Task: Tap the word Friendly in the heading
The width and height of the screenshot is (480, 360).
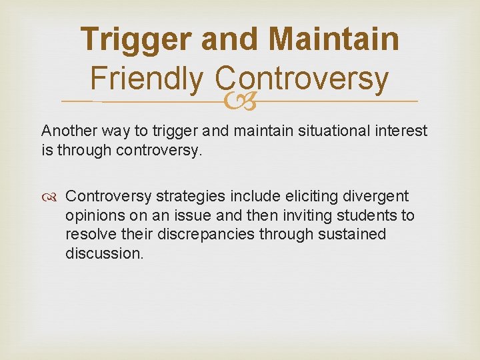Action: [x=145, y=79]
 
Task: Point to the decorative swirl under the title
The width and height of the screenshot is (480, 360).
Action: [x=239, y=101]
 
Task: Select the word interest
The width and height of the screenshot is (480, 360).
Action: [x=399, y=131]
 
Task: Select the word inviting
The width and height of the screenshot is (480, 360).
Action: [x=299, y=216]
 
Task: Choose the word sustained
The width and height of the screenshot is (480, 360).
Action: [x=352, y=235]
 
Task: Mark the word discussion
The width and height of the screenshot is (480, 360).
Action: [x=104, y=253]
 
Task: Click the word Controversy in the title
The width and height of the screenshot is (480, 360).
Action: [x=302, y=79]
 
